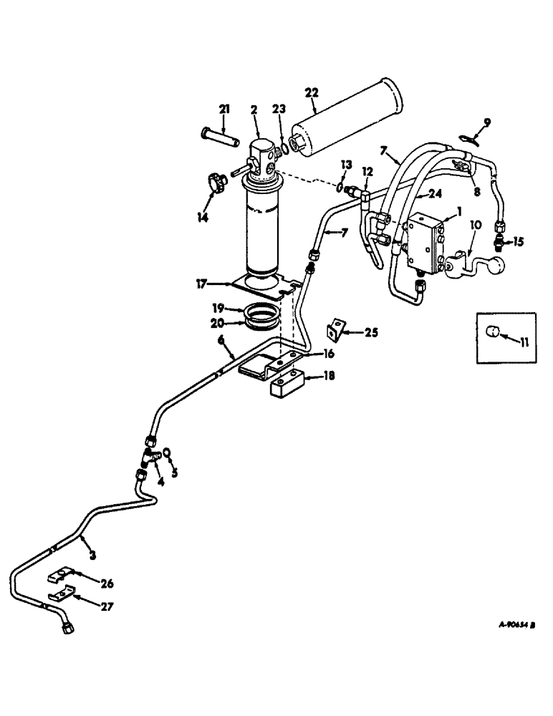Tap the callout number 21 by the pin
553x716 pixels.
(223, 108)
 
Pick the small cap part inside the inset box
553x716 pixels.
(492, 332)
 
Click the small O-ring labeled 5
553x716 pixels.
(166, 452)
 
